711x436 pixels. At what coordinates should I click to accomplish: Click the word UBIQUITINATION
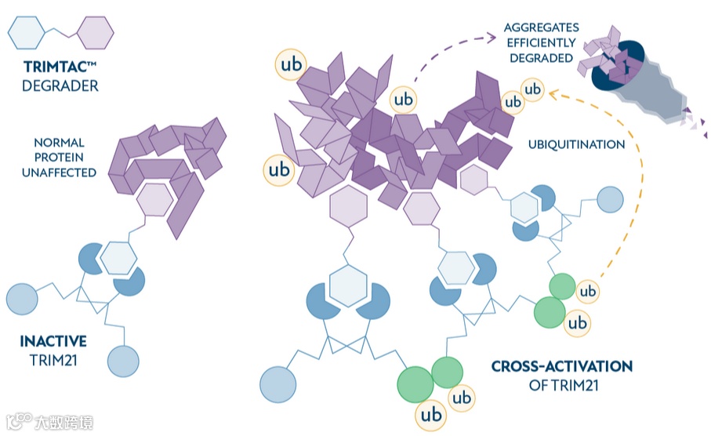coord(575,144)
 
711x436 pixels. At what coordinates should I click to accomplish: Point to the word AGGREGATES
coord(541,27)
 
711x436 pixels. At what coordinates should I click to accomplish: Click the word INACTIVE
coord(53,342)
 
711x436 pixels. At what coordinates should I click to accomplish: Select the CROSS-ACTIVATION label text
coord(561,366)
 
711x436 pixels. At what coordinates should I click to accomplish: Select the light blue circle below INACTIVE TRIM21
coord(123,363)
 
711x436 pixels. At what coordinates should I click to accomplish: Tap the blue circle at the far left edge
coord(22,300)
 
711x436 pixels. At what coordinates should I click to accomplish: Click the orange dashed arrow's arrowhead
coord(552,95)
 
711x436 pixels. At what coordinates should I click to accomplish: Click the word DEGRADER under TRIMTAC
coord(60,85)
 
